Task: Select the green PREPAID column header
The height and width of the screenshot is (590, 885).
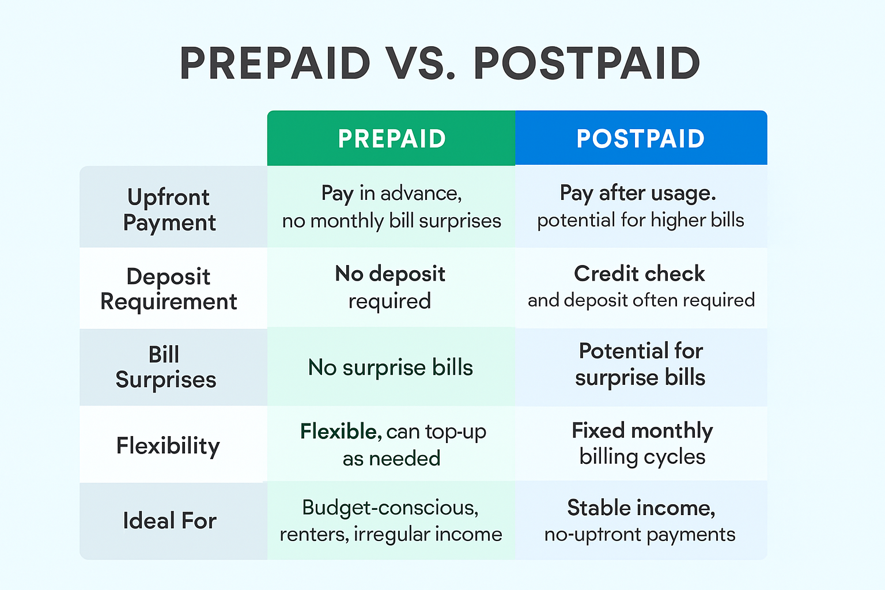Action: tap(392, 138)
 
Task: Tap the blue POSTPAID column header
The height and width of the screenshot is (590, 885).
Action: tap(641, 138)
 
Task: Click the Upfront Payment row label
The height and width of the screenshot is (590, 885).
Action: tap(169, 209)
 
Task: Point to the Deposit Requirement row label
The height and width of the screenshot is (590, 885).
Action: tap(168, 289)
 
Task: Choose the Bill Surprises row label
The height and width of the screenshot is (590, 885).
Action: tap(165, 367)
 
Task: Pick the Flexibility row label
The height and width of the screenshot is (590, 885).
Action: tap(168, 445)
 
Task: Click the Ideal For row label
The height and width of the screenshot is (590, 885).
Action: tap(169, 521)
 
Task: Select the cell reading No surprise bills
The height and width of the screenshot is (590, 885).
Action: tap(391, 367)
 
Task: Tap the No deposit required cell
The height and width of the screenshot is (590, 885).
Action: tap(390, 287)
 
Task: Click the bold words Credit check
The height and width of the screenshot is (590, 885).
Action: tap(639, 274)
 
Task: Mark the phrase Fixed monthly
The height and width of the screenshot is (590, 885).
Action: tap(642, 430)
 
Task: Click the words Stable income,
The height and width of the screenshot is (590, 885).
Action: tap(641, 508)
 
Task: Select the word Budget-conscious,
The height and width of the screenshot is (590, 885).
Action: tap(390, 508)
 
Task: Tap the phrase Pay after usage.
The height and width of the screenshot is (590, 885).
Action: tap(638, 193)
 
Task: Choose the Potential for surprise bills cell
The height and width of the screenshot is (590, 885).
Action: tap(641, 364)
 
